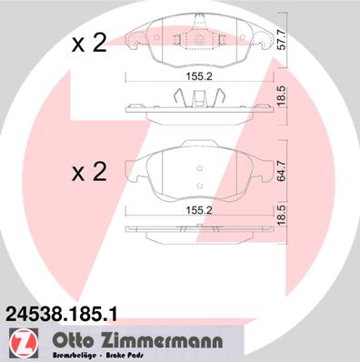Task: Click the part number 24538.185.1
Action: tap(62, 314)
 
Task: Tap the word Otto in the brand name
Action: tap(72, 341)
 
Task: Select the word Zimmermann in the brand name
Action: tap(161, 341)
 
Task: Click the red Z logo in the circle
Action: tap(24, 343)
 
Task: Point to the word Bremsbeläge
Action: tap(75, 356)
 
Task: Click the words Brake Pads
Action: tap(125, 356)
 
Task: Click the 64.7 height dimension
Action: tap(282, 172)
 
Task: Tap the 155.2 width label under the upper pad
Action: tap(199, 76)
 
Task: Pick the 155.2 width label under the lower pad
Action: tap(199, 210)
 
